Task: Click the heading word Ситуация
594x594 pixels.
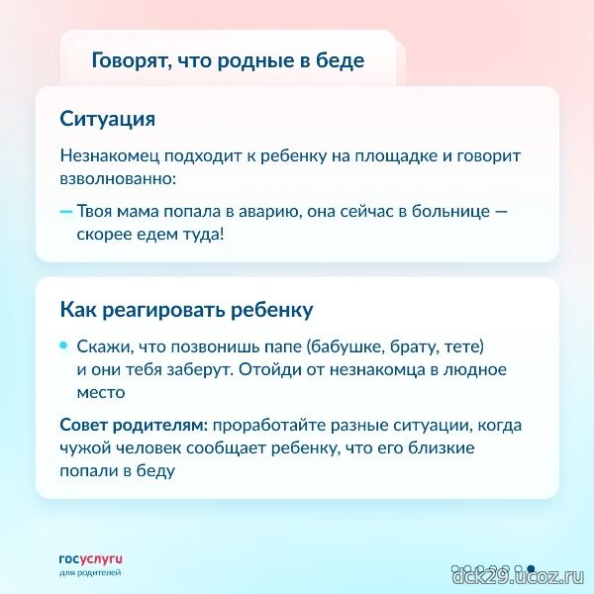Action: (108, 120)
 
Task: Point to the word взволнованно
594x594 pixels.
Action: (118, 179)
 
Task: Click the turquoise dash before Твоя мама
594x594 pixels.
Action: (66, 212)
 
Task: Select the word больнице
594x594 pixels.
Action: (450, 211)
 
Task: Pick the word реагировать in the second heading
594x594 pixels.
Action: (164, 310)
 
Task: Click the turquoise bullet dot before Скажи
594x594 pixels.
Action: (63, 346)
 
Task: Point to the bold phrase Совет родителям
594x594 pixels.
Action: (134, 426)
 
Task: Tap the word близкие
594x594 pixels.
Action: (442, 448)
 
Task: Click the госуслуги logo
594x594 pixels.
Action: (91, 565)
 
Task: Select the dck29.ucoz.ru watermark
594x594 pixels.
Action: (518, 577)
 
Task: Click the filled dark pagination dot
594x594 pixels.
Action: (531, 568)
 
